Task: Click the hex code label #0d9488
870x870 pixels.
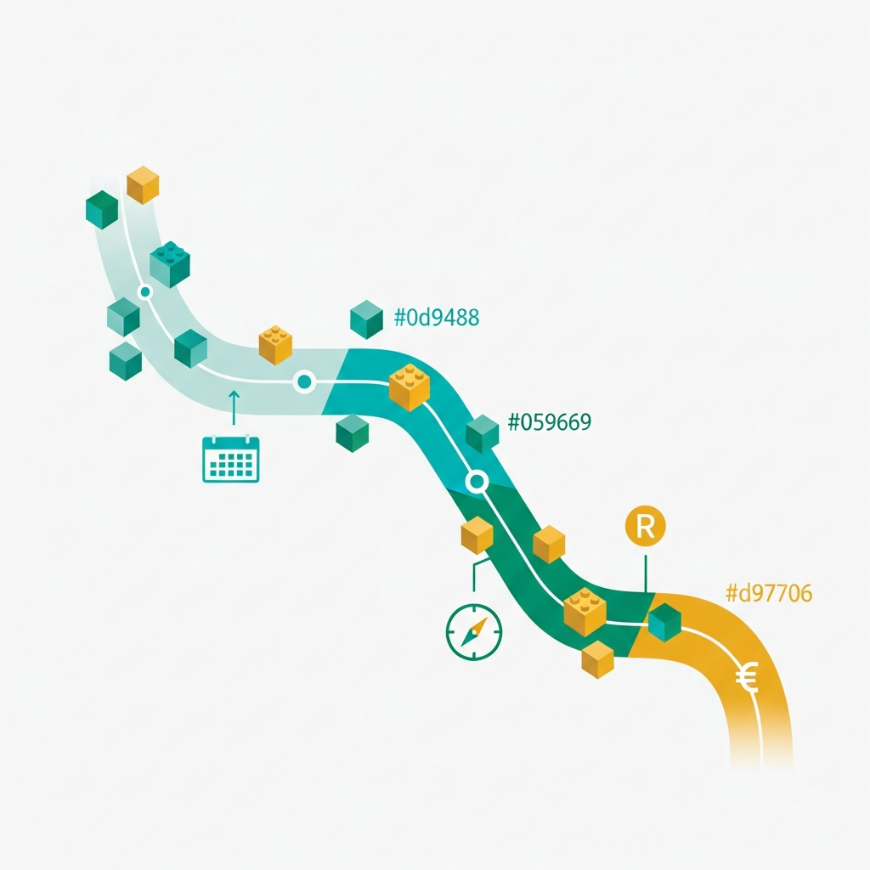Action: click(436, 318)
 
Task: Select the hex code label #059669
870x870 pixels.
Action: click(550, 422)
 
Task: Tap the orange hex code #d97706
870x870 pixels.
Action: click(769, 593)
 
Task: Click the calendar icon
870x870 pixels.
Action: click(231, 459)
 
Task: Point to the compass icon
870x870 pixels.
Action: click(474, 632)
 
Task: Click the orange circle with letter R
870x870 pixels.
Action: click(646, 526)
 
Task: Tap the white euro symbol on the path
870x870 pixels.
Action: click(748, 677)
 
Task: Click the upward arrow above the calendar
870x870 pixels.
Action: click(234, 407)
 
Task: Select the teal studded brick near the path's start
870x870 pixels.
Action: click(170, 264)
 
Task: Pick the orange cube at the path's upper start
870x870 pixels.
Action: click(143, 184)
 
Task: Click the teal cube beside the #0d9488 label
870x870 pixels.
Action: click(367, 319)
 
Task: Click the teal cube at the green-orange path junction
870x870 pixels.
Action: click(664, 622)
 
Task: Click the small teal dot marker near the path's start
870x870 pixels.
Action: click(145, 291)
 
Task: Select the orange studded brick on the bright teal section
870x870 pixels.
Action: click(410, 387)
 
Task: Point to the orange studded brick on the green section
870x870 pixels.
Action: click(585, 612)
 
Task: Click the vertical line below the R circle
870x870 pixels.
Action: click(646, 573)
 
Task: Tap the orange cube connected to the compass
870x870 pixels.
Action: click(477, 535)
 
